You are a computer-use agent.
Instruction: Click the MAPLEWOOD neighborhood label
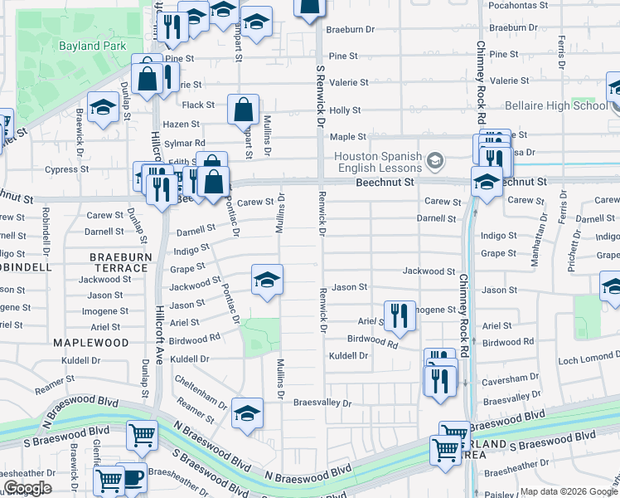tap(91, 342)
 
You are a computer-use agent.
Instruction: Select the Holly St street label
tap(345, 110)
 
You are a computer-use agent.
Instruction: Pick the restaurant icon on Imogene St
tap(400, 315)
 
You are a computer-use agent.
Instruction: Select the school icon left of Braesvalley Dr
tap(247, 414)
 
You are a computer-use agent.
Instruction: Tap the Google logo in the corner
tap(28, 489)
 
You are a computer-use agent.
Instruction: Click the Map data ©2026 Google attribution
tap(567, 492)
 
